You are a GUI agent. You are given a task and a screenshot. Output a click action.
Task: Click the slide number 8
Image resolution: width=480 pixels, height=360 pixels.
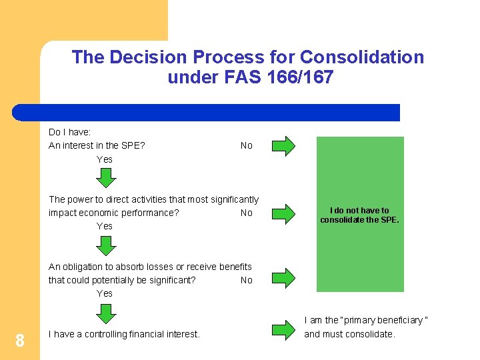point(20,341)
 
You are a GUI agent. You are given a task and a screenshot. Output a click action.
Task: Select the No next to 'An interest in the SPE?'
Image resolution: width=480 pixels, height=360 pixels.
point(247,145)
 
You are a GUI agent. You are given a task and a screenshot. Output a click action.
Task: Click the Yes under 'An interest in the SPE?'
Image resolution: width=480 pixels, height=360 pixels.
point(105,159)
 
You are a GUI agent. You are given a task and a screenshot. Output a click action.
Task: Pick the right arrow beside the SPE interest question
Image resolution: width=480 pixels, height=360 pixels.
point(284,145)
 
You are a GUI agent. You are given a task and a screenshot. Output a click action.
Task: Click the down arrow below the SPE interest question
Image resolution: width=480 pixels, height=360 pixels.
point(105,177)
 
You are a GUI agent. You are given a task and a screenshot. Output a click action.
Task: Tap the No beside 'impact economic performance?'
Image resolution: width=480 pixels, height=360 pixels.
point(247,213)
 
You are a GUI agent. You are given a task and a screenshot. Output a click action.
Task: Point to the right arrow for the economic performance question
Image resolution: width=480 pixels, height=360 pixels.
point(284,213)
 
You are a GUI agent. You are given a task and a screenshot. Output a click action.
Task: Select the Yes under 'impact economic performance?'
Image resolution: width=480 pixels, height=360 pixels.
point(105,226)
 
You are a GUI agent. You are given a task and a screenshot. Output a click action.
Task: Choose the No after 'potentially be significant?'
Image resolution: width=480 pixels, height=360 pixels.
point(247,280)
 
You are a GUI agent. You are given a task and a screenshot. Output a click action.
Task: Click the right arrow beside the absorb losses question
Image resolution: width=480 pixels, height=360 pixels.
point(284,277)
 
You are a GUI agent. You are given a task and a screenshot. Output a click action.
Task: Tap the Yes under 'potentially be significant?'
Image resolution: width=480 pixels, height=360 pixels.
point(105,293)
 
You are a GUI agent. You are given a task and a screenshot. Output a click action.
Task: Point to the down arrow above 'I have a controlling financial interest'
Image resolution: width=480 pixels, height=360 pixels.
point(105,312)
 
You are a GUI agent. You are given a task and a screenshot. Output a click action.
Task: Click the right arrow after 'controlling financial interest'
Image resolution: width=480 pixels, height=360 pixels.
point(284,331)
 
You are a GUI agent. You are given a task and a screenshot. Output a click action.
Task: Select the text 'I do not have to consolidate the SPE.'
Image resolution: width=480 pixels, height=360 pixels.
point(359,215)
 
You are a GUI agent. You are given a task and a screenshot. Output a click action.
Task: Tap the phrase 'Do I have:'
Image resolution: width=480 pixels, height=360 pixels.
point(69,132)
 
